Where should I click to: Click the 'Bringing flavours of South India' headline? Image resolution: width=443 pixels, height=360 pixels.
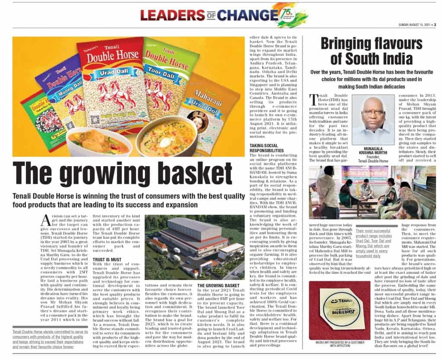372,51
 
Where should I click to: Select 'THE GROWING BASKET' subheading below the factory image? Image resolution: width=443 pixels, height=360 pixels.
218,286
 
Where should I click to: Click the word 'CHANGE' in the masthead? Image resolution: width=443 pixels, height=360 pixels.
244,15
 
